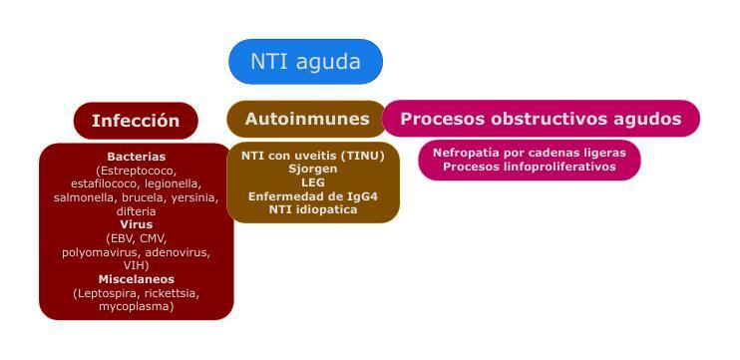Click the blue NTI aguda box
305,62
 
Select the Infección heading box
136,121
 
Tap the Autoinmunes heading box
306,119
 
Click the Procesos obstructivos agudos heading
541,119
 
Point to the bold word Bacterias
136,157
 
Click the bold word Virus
136,225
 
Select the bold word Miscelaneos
136,279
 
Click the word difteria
136,211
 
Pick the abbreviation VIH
136,266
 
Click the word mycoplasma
136,307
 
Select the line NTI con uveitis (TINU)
312,156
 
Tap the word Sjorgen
312,170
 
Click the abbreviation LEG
312,183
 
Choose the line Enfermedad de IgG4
312,196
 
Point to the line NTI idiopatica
312,210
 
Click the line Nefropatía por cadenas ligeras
529,153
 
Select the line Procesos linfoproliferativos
529,167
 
